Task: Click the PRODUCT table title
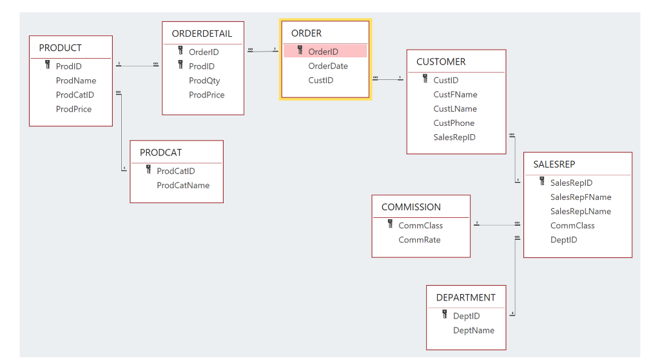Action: (x=60, y=48)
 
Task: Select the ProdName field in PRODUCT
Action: (x=75, y=81)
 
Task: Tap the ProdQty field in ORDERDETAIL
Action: (x=204, y=81)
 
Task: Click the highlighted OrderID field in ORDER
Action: (x=323, y=52)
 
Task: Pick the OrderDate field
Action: (x=327, y=66)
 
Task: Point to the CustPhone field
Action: (x=454, y=123)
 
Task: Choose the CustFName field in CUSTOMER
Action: (x=455, y=95)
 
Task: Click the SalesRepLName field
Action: (x=580, y=211)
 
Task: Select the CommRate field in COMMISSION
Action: (x=419, y=240)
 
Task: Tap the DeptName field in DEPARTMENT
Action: (x=474, y=330)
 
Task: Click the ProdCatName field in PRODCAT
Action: (x=183, y=185)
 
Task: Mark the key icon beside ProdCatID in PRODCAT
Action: (x=148, y=170)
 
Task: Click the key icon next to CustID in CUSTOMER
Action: (x=425, y=79)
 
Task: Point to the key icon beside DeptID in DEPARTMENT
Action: (x=445, y=315)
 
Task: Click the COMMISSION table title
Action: (x=411, y=207)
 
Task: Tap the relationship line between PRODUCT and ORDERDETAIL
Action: (x=137, y=65)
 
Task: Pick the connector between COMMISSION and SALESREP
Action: (x=496, y=225)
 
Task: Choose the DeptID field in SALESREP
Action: (x=563, y=240)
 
